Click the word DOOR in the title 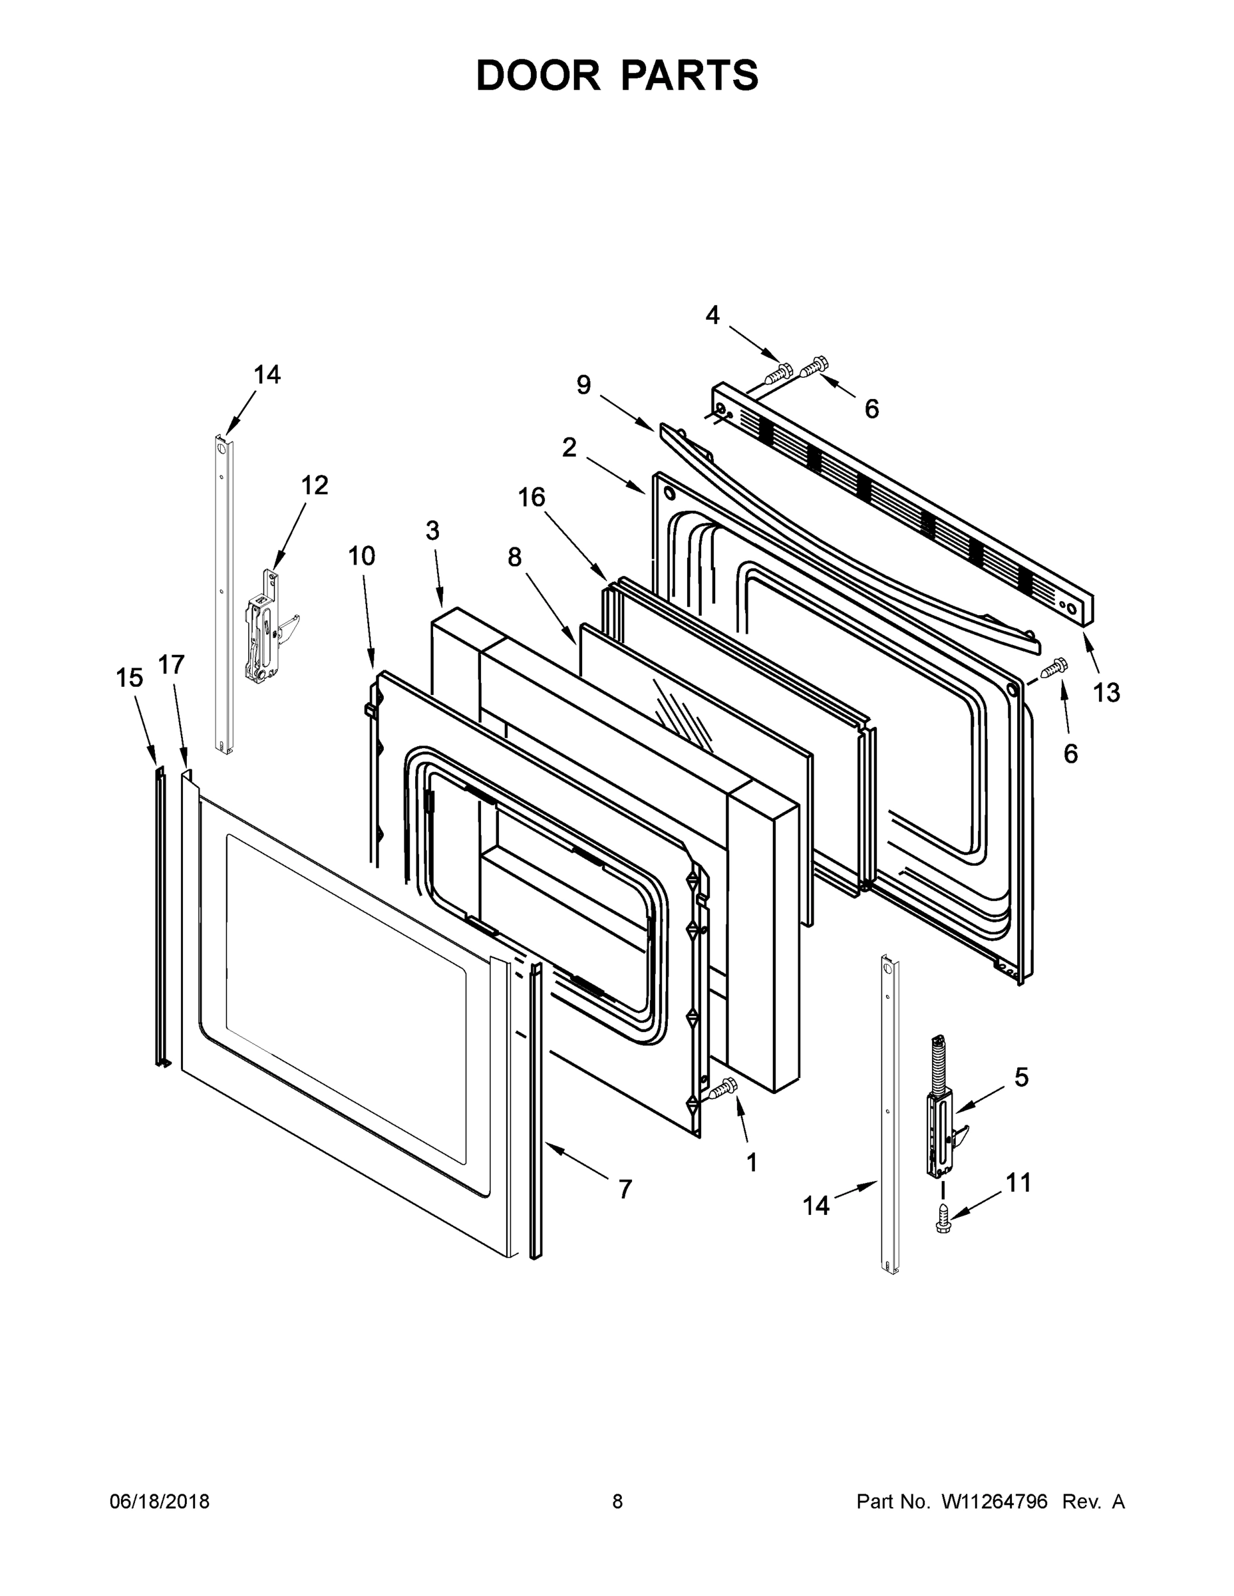(538, 75)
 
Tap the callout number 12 (315, 485)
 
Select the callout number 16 (532, 497)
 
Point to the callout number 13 (1106, 692)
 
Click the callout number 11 (1018, 1182)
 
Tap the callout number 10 (361, 556)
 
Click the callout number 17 (172, 664)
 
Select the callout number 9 (583, 384)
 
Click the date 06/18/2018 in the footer (160, 1501)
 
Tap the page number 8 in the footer (617, 1501)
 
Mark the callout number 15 (130, 678)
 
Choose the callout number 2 (569, 448)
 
